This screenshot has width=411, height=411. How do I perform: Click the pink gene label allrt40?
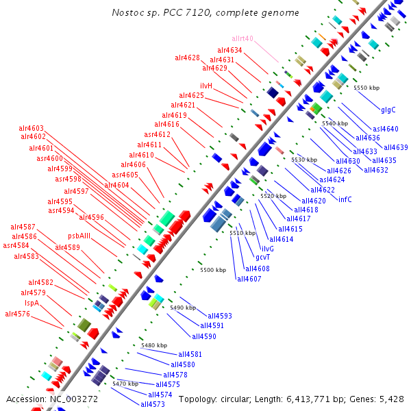point(242,38)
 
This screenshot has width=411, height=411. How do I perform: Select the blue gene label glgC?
point(388,110)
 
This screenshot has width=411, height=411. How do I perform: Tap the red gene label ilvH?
point(206,86)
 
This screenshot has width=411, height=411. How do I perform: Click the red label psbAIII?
point(79,236)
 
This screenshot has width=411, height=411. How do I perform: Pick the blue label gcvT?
point(263,257)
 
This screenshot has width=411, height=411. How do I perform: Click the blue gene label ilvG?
point(267,249)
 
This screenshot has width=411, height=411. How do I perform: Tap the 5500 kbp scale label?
point(213,270)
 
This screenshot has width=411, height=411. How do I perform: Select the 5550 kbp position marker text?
point(366,88)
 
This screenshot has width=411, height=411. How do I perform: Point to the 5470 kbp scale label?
point(125,384)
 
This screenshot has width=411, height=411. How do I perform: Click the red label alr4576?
point(17,314)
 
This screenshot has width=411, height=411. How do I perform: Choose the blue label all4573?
point(153,404)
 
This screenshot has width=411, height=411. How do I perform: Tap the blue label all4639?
point(396,147)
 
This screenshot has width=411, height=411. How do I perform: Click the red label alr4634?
point(229,50)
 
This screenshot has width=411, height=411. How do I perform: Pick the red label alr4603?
point(32,128)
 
